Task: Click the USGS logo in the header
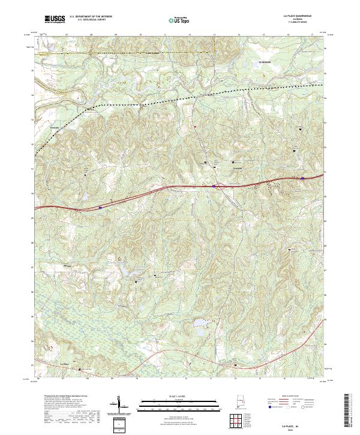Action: tap(55, 19)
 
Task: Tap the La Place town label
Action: tap(66, 363)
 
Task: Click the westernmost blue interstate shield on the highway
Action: tap(100, 207)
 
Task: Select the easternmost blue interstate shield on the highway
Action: tap(302, 178)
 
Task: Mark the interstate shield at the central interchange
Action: tap(214, 186)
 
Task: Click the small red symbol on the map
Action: tap(194, 127)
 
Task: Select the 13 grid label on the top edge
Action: tap(214, 34)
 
